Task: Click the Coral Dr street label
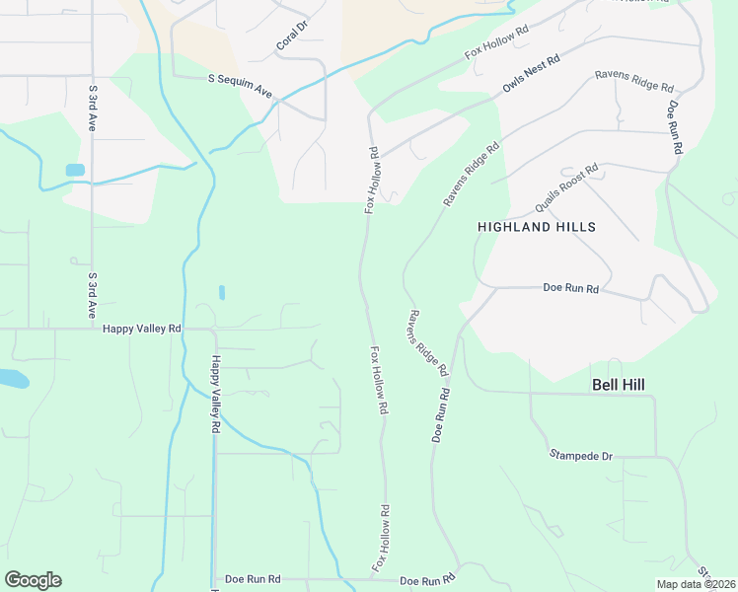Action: coord(292,37)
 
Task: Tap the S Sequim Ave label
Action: coord(240,84)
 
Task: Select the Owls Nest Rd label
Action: coord(531,74)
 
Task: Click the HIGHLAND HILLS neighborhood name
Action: coord(537,227)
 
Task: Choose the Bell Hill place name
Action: coord(624,383)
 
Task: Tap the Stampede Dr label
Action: coord(581,456)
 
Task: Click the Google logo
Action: coord(33,580)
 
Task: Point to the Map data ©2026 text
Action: coord(696,584)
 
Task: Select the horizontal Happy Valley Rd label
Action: coord(142,328)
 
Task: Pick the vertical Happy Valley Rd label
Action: coord(213,396)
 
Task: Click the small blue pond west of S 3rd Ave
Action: coord(75,170)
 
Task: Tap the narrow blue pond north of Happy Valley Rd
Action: coord(222,292)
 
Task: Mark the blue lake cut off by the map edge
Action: coord(12,378)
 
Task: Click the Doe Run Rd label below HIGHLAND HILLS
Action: coord(571,289)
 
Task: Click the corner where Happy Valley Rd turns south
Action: coord(213,330)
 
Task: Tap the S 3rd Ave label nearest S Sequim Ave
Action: coord(92,109)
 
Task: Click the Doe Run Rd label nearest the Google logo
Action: coord(253,579)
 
